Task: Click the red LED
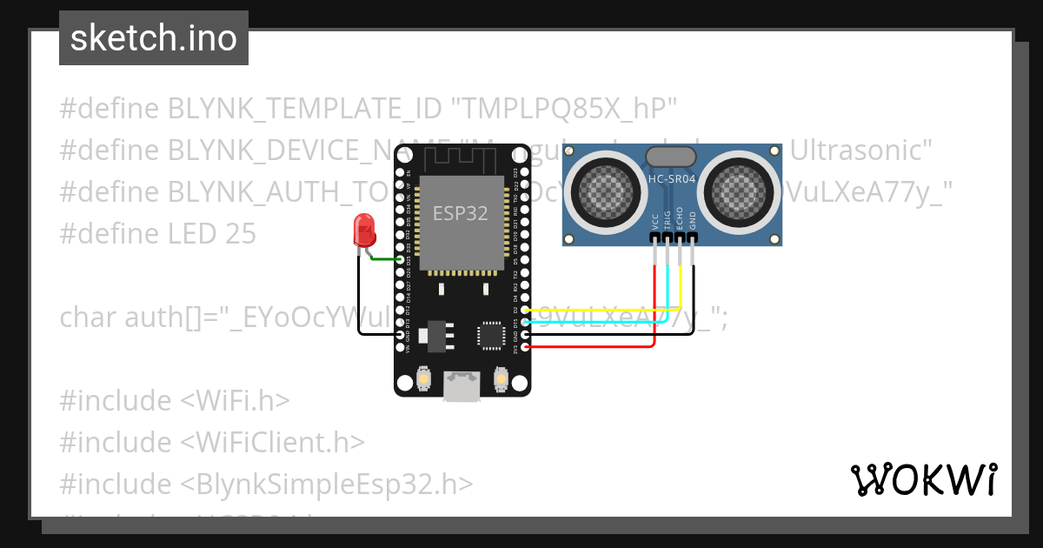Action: (363, 230)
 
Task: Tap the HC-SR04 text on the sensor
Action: (671, 179)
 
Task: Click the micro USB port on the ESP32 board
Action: (462, 385)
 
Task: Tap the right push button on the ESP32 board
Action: (501, 378)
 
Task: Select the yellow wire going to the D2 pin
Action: (608, 309)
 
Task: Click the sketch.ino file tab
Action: (154, 38)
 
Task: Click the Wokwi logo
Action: (923, 479)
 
